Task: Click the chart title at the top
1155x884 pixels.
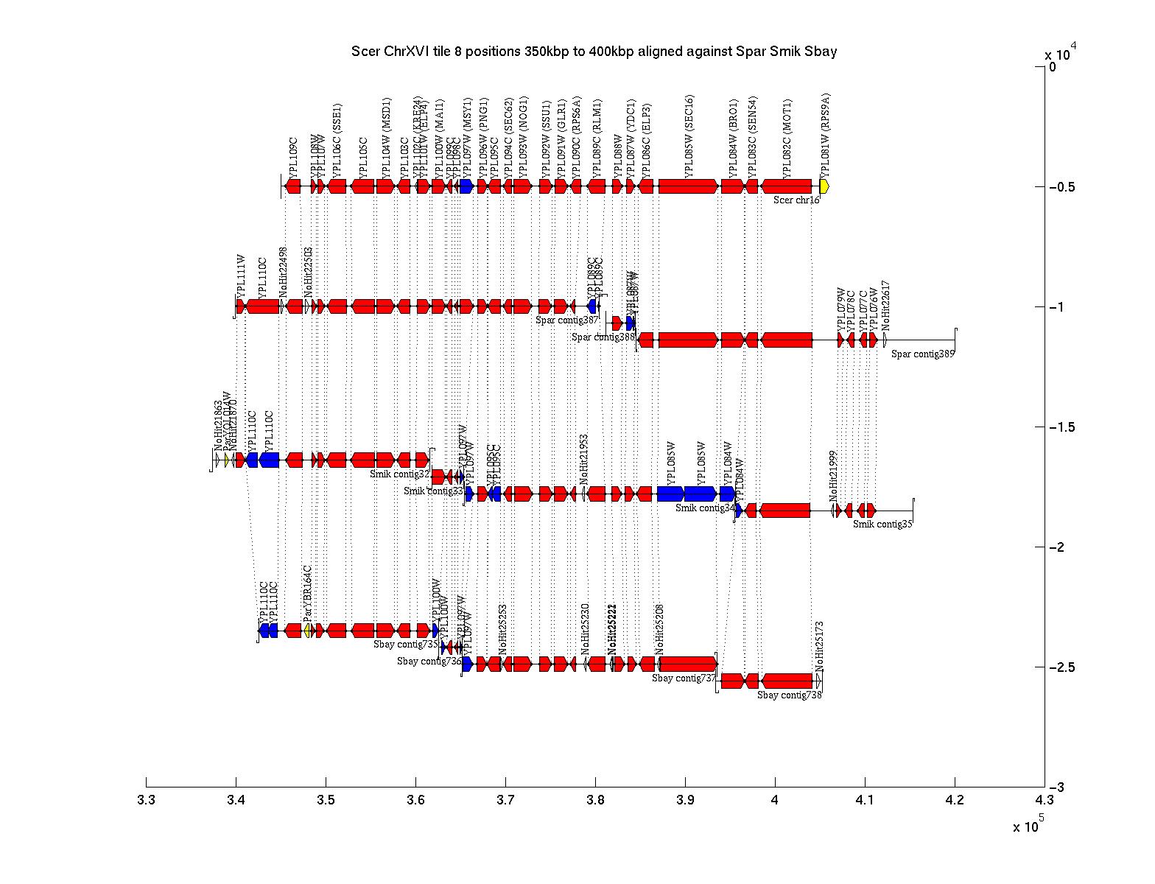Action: (x=594, y=52)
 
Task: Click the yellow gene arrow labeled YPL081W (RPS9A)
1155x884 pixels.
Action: (x=824, y=186)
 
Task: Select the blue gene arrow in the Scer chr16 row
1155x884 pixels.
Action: (x=466, y=186)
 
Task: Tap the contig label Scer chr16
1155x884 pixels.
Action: (x=796, y=200)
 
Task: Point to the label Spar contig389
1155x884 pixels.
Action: (x=922, y=354)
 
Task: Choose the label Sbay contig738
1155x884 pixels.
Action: (x=789, y=695)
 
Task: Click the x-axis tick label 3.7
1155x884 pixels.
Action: (x=505, y=801)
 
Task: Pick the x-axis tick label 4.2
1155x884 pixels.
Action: (x=955, y=801)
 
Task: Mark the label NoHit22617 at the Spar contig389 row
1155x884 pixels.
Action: (x=885, y=306)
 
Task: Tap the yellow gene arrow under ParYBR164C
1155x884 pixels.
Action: (x=309, y=631)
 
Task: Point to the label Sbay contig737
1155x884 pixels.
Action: (x=683, y=678)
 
